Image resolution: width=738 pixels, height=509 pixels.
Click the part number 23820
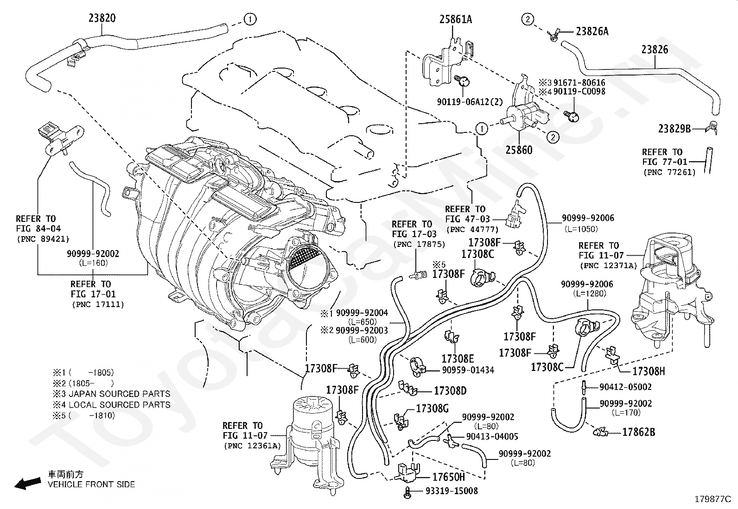coord(102,18)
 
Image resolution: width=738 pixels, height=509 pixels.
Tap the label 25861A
coord(456,19)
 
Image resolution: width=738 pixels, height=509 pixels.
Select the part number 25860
coord(519,150)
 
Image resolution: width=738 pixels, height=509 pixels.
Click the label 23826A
coord(592,31)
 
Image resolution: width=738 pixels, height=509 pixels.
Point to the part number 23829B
coord(674,129)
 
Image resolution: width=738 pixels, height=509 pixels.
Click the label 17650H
coord(448,477)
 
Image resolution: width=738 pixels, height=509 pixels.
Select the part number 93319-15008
coord(451,490)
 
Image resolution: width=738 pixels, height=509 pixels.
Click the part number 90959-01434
coord(468,370)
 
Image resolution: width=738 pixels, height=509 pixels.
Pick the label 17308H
coord(649,371)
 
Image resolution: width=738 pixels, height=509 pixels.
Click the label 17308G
coord(433,408)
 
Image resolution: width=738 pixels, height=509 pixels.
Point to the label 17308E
coord(458,358)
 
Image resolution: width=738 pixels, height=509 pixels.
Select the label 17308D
coord(450,391)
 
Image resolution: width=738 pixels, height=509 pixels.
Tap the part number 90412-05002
coord(625,387)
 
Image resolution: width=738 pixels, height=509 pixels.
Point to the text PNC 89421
coord(42,239)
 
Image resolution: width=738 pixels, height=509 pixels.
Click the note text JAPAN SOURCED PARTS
coord(119,394)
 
